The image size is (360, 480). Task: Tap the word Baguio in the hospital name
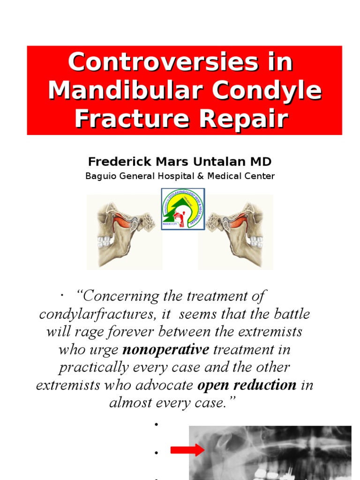(98, 176)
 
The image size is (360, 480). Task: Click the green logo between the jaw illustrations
(183, 209)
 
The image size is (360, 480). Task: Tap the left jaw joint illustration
(125, 232)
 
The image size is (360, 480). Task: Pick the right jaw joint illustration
(235, 232)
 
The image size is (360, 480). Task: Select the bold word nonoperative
(165, 350)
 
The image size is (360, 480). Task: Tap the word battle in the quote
(290, 314)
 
